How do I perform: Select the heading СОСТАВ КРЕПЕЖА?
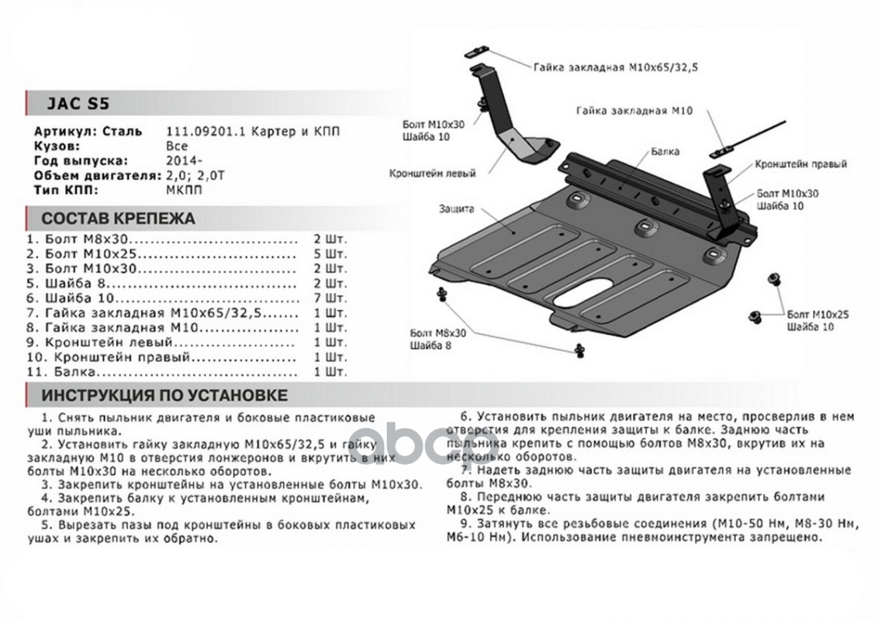click(118, 218)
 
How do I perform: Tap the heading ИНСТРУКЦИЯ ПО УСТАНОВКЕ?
click(164, 395)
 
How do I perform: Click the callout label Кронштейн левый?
click(432, 174)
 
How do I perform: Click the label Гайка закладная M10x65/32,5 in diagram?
click(615, 67)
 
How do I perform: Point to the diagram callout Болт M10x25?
click(818, 315)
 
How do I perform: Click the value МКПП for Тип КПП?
click(181, 189)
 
